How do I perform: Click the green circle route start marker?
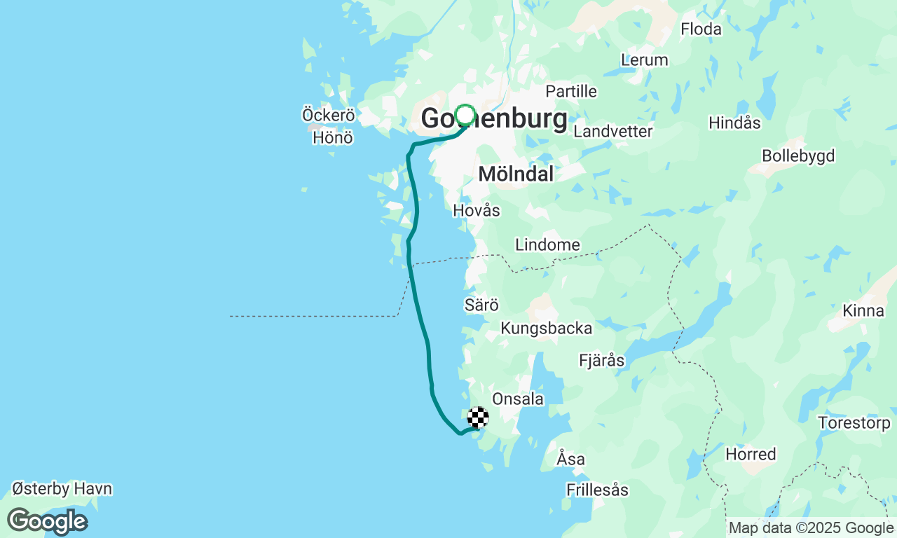(465, 114)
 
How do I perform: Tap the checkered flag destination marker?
(478, 418)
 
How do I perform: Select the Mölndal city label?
(516, 174)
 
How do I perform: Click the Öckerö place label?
(328, 115)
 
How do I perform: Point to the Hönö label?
(333, 138)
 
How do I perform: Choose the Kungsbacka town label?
(546, 328)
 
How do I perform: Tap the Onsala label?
(518, 399)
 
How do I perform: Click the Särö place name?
(481, 305)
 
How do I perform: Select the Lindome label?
(547, 244)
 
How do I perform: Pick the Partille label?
(571, 91)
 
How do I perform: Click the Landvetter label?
(612, 131)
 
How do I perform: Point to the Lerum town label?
(645, 60)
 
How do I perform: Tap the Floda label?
(701, 29)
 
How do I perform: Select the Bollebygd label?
(798, 156)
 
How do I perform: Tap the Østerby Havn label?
(62, 488)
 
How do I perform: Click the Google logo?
(47, 522)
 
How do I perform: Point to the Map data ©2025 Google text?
(811, 527)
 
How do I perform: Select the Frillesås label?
(598, 490)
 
